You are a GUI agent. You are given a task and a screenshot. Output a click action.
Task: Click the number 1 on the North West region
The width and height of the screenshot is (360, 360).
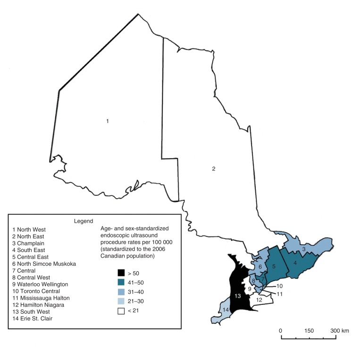108,121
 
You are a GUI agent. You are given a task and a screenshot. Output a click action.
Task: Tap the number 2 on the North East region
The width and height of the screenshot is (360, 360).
214,168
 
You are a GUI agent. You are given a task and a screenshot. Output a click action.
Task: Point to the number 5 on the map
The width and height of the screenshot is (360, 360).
273,267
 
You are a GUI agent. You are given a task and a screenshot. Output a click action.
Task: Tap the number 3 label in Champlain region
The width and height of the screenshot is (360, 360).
304,249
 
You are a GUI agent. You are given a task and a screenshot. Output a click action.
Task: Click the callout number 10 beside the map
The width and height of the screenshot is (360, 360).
279,286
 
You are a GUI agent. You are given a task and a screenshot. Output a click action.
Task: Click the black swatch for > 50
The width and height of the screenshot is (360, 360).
122,273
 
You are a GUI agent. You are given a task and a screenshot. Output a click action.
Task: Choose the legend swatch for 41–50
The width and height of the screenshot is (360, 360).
122,282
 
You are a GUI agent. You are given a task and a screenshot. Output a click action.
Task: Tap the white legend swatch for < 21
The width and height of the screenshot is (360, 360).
122,310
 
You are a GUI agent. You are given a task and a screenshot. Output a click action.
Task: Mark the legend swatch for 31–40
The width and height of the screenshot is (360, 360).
122,292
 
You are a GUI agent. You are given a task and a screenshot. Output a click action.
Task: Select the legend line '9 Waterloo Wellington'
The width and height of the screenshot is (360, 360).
41,285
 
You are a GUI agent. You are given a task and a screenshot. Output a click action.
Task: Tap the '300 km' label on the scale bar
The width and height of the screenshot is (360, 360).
340,331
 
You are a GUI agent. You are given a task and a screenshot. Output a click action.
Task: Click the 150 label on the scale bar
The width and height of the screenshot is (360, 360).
310,331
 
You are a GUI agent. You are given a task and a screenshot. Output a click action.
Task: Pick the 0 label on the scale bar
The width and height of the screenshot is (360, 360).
281,331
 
